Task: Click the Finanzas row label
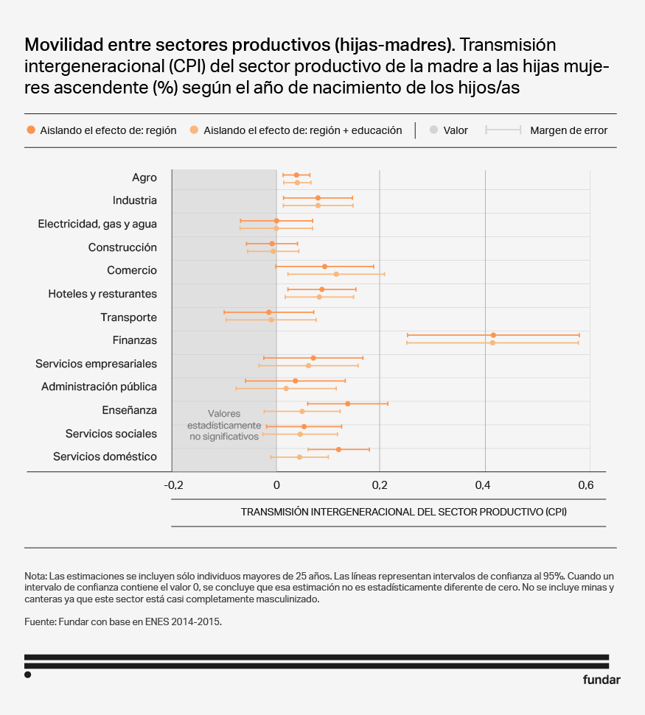135,340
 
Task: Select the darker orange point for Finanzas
493,335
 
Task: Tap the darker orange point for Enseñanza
348,404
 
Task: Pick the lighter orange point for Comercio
336,274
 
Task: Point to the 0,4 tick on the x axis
482,485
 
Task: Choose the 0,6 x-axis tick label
585,485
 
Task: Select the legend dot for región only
30,130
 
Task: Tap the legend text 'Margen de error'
568,130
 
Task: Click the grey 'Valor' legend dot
433,130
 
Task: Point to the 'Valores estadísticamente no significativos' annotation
224,425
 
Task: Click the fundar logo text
602,680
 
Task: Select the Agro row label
144,177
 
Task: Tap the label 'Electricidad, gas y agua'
97,224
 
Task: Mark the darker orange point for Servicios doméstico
338,449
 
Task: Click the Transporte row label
128,317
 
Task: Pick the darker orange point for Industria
318,198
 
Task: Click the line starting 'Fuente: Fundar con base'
123,621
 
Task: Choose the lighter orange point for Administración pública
286,388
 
